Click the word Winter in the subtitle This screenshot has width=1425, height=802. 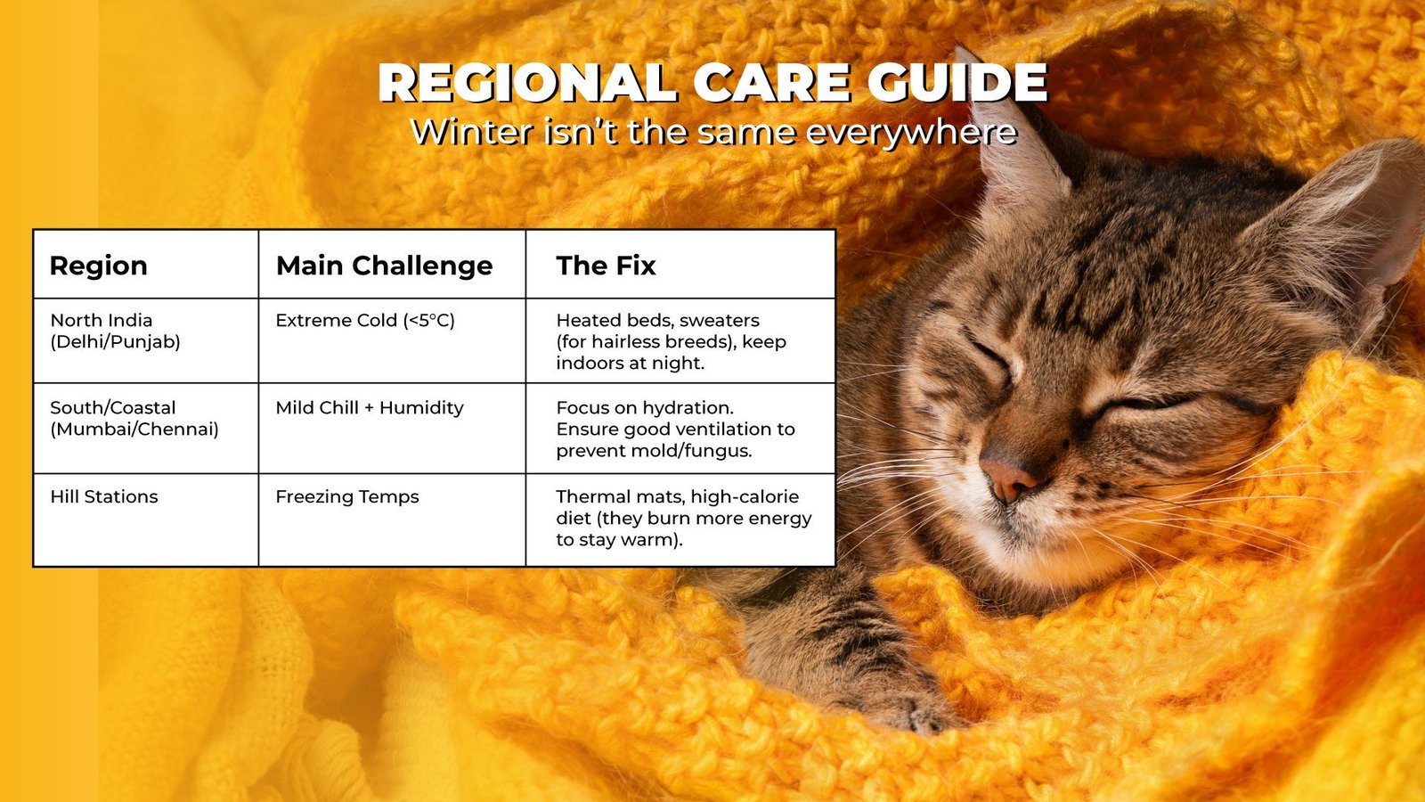464,132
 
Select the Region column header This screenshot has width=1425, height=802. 98,266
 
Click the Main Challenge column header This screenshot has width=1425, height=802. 384,266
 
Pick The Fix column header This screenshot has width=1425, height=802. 606,266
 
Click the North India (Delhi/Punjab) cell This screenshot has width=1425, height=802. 115,331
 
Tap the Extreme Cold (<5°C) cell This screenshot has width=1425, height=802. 365,321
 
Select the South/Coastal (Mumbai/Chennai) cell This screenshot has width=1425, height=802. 134,418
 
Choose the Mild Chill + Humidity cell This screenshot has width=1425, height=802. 370,408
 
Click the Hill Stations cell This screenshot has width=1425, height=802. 104,497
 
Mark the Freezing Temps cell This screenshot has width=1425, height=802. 347,497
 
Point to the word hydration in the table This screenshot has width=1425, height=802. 692,408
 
